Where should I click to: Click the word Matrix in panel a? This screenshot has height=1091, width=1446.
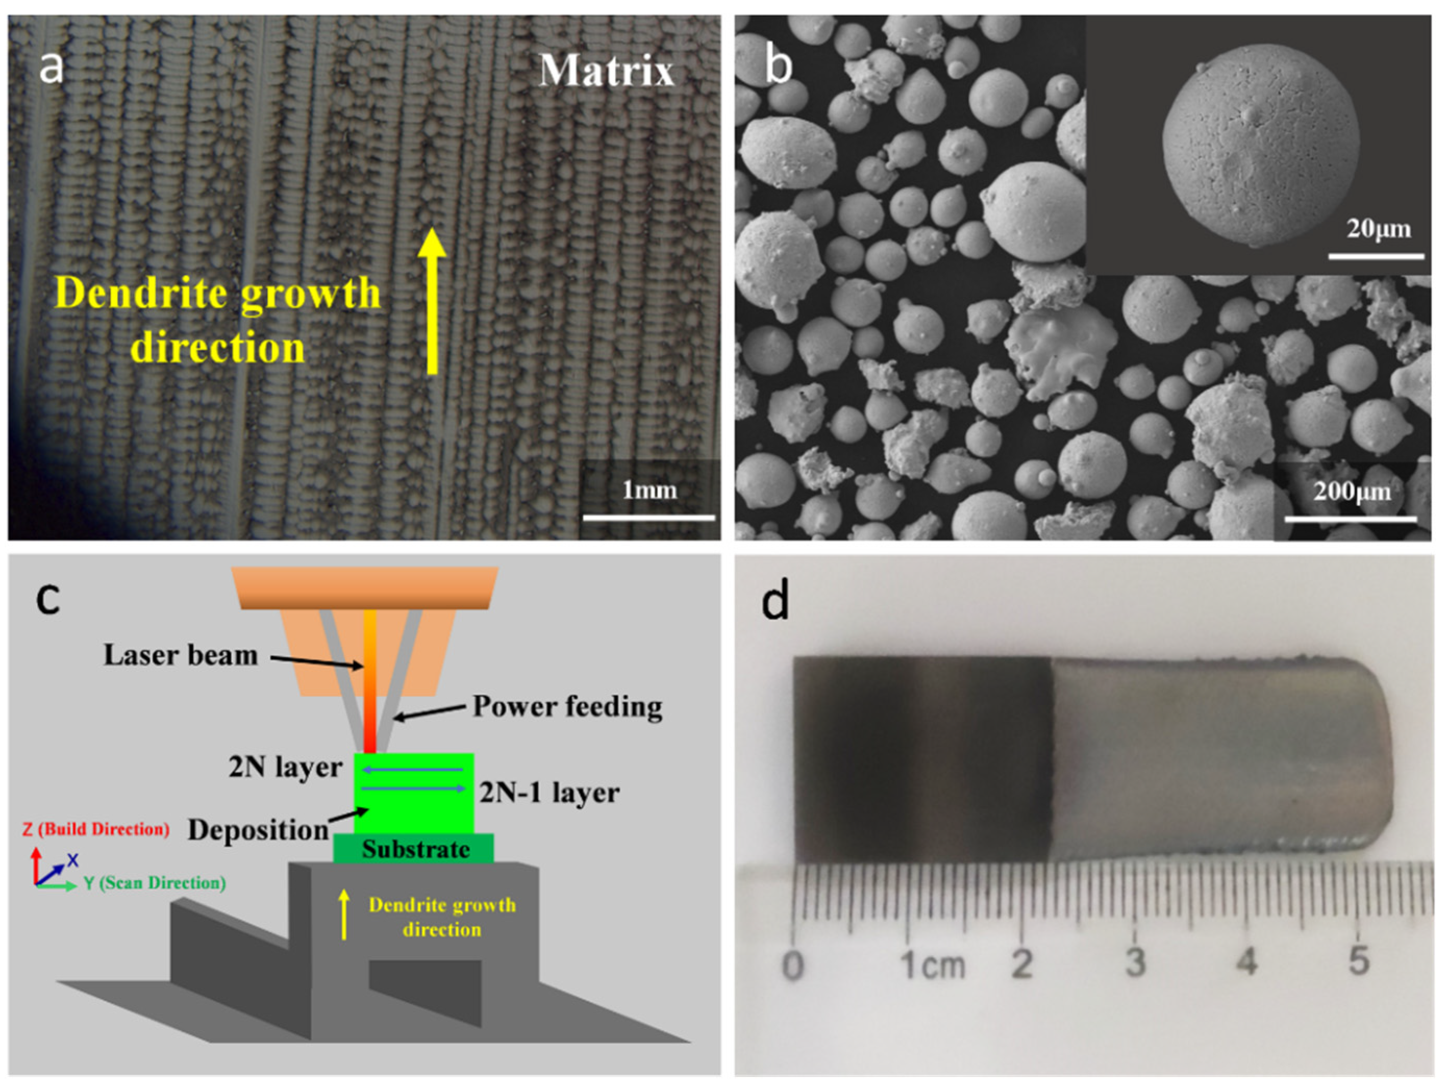[x=606, y=71]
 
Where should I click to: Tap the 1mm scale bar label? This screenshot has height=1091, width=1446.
[x=649, y=490]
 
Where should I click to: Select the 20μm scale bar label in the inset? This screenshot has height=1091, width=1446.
[x=1378, y=229]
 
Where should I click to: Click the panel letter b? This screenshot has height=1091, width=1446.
[x=778, y=66]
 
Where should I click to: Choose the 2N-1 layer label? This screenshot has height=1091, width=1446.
[x=549, y=793]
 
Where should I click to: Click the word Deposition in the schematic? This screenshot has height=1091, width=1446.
[x=258, y=830]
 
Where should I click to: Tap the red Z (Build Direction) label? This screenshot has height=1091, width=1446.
[x=95, y=829]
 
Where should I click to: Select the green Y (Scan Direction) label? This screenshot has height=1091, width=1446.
[x=154, y=883]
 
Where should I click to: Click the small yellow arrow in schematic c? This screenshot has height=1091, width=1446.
[x=344, y=914]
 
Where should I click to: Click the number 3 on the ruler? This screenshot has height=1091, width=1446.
[x=1135, y=961]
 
